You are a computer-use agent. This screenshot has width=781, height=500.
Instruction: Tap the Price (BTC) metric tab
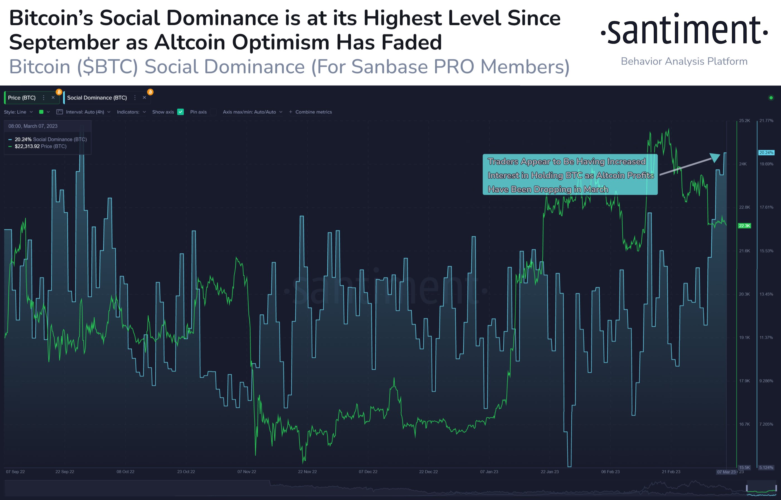pyautogui.click(x=22, y=98)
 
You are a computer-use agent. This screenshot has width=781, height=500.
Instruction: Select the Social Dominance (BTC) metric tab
pyautogui.click(x=97, y=98)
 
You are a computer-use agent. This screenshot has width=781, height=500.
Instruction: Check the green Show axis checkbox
pyautogui.click(x=181, y=112)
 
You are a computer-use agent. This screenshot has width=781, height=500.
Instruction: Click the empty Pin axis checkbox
pyautogui.click(x=213, y=112)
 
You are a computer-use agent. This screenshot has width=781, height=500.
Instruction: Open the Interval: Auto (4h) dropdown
pyautogui.click(x=85, y=112)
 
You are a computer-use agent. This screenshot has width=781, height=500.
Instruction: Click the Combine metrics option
pyautogui.click(x=313, y=112)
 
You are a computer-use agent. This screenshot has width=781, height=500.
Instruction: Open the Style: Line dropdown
pyautogui.click(x=15, y=112)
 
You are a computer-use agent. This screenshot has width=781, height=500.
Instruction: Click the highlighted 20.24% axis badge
pyautogui.click(x=766, y=153)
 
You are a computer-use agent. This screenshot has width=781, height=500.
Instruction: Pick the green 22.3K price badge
pyautogui.click(x=744, y=226)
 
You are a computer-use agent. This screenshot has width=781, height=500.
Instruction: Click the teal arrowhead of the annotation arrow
pyautogui.click(x=715, y=157)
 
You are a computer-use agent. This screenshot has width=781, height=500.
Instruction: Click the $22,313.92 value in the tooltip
pyautogui.click(x=27, y=146)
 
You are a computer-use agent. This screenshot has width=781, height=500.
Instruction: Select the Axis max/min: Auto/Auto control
pyautogui.click(x=249, y=112)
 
